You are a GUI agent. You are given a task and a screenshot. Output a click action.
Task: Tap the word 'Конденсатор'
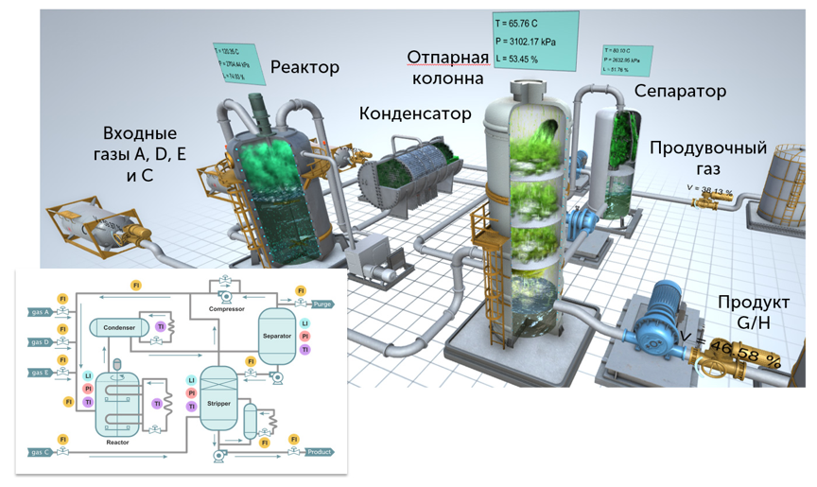pos(414,113)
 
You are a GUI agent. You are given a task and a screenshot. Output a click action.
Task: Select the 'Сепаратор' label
pos(680,91)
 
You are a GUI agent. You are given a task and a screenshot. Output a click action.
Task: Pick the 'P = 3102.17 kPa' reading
pos(535,41)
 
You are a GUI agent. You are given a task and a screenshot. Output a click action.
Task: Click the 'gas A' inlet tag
pos(39,312)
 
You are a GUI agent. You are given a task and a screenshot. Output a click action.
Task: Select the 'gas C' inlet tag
pos(39,452)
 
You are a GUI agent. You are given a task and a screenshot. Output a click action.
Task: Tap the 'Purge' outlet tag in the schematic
pos(322,304)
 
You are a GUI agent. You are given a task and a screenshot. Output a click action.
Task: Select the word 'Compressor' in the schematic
pos(228,307)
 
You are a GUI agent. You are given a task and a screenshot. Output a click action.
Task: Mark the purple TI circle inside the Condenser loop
pos(160,326)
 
